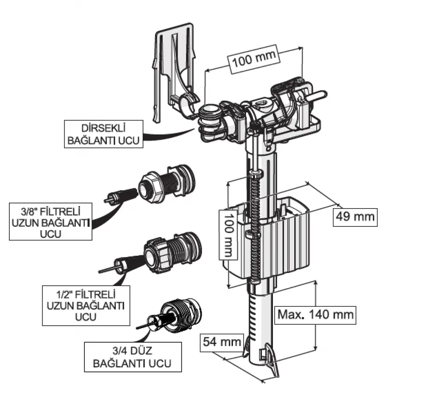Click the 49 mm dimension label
click(355, 216)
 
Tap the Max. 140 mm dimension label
click(316, 315)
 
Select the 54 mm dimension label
click(222, 341)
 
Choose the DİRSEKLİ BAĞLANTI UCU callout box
click(103, 134)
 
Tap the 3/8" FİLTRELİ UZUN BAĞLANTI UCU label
click(50, 222)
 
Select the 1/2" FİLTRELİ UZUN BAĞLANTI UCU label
click(85, 305)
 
